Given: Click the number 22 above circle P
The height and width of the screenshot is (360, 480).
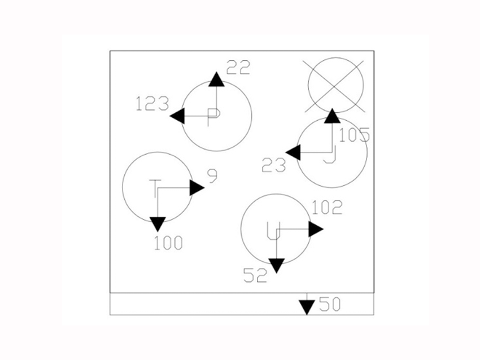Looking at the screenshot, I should (x=238, y=68).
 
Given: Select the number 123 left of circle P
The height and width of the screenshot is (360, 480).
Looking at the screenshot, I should (x=152, y=104).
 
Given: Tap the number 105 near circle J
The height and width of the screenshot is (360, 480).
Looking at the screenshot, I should (x=354, y=135).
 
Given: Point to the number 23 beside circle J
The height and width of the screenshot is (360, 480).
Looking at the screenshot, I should (x=274, y=165).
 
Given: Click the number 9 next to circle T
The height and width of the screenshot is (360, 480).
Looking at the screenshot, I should (x=212, y=177).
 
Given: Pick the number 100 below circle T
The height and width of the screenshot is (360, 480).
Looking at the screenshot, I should (x=168, y=243).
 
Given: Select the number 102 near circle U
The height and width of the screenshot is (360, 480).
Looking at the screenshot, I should (x=327, y=208).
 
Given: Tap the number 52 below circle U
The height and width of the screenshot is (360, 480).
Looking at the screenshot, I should (x=255, y=275).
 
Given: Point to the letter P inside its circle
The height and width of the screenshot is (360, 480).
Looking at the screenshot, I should (x=213, y=115).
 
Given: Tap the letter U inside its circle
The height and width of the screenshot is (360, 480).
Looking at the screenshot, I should (x=273, y=229).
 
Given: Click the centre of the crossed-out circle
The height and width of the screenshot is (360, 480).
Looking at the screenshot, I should (x=335, y=85).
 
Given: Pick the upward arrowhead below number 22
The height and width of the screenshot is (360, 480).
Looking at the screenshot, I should (x=216, y=79).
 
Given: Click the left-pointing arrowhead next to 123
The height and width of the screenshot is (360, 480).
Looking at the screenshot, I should (x=177, y=116).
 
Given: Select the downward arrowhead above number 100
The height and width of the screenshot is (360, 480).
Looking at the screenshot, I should (x=158, y=224).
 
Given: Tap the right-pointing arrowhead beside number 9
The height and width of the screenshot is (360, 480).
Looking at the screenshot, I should (x=197, y=188).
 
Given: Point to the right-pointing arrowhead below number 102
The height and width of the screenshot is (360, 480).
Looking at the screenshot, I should (x=316, y=229).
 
